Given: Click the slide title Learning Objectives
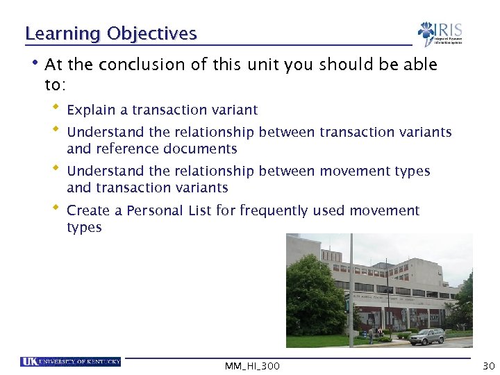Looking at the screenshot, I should (x=111, y=33).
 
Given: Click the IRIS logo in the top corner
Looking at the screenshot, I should (x=440, y=34).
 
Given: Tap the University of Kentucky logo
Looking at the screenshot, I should (x=70, y=361).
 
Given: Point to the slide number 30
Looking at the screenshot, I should (x=487, y=365).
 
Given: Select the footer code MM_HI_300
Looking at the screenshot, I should (x=252, y=366).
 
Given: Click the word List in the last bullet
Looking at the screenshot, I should (x=201, y=210).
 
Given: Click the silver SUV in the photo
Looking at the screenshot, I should (x=426, y=336).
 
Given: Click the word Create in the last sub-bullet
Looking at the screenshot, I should (x=86, y=210).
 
